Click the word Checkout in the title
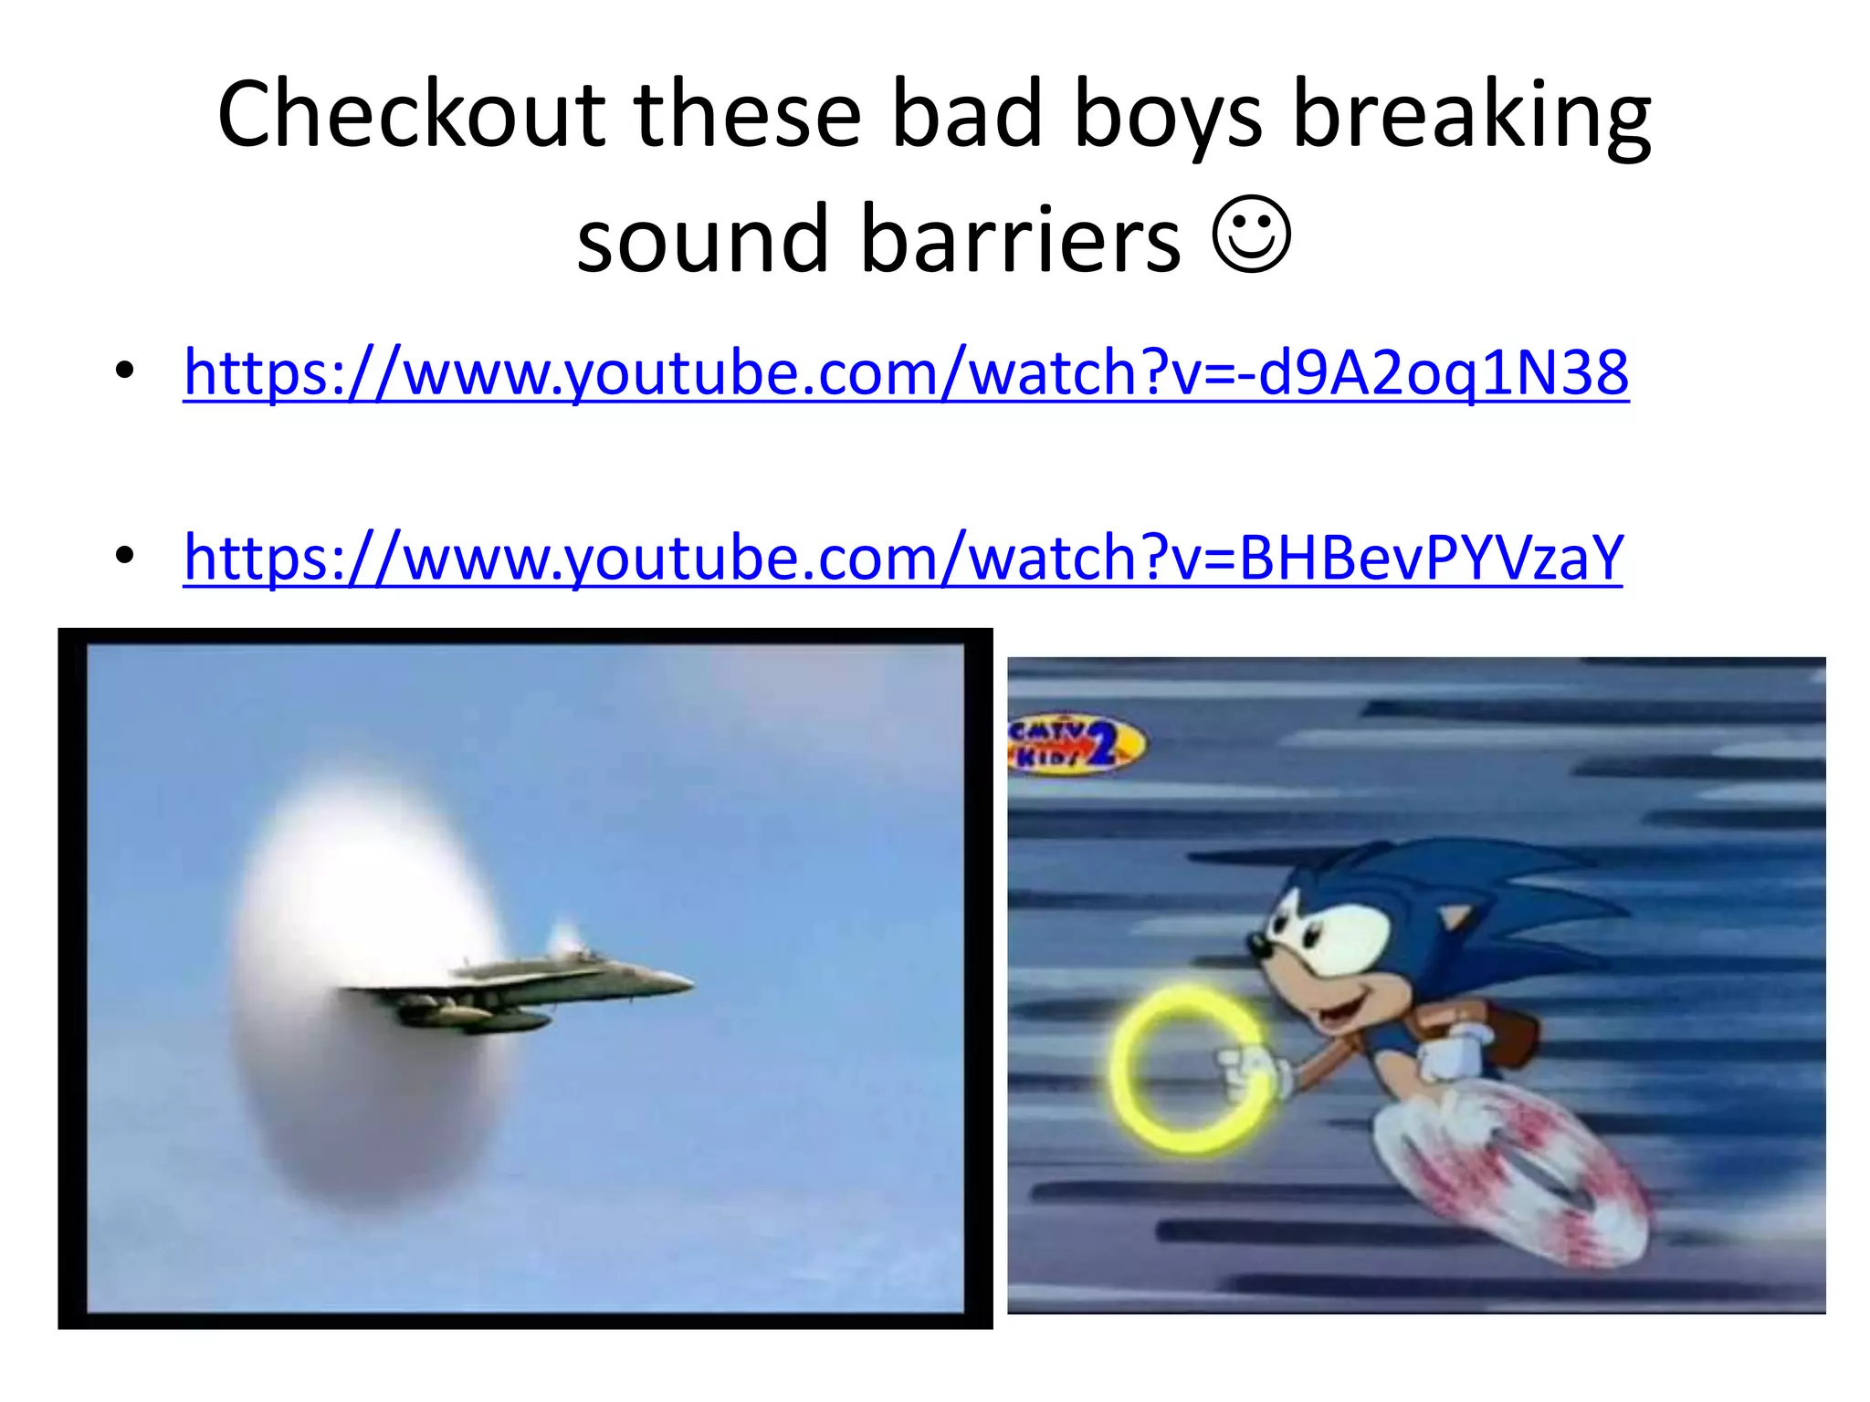411,115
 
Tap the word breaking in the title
1472,115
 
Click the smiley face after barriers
1251,235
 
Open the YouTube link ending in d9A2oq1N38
906,373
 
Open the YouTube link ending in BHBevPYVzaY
903,558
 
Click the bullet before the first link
125,371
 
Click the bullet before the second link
125,556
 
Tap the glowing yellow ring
1187,1068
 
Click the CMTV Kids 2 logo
1074,746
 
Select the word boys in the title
1168,115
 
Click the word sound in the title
702,240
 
